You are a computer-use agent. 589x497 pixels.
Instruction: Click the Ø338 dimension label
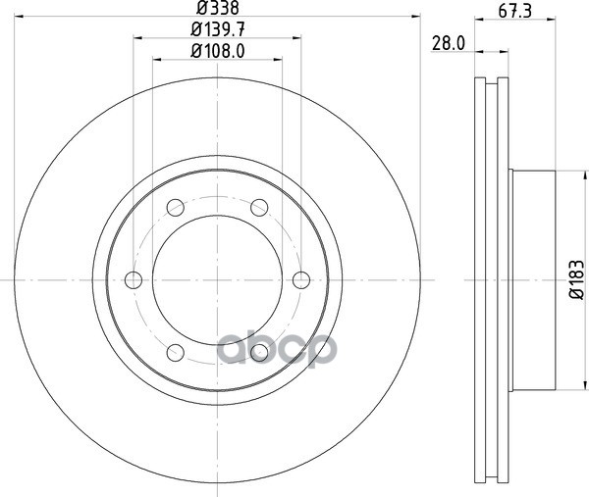(218, 8)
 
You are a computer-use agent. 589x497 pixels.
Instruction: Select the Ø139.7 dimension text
(218, 29)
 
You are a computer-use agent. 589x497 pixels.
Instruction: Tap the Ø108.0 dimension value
(218, 51)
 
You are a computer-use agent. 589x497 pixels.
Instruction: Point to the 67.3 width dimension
(515, 11)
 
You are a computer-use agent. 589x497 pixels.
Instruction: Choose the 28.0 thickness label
(449, 43)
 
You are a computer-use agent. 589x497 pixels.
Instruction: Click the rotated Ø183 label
(576, 279)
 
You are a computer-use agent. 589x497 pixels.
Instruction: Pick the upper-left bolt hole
(176, 208)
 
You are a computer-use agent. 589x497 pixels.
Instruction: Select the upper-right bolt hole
(259, 208)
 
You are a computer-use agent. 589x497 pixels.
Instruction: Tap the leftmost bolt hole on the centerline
(134, 280)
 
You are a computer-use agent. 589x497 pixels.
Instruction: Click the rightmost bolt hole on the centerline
(301, 280)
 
